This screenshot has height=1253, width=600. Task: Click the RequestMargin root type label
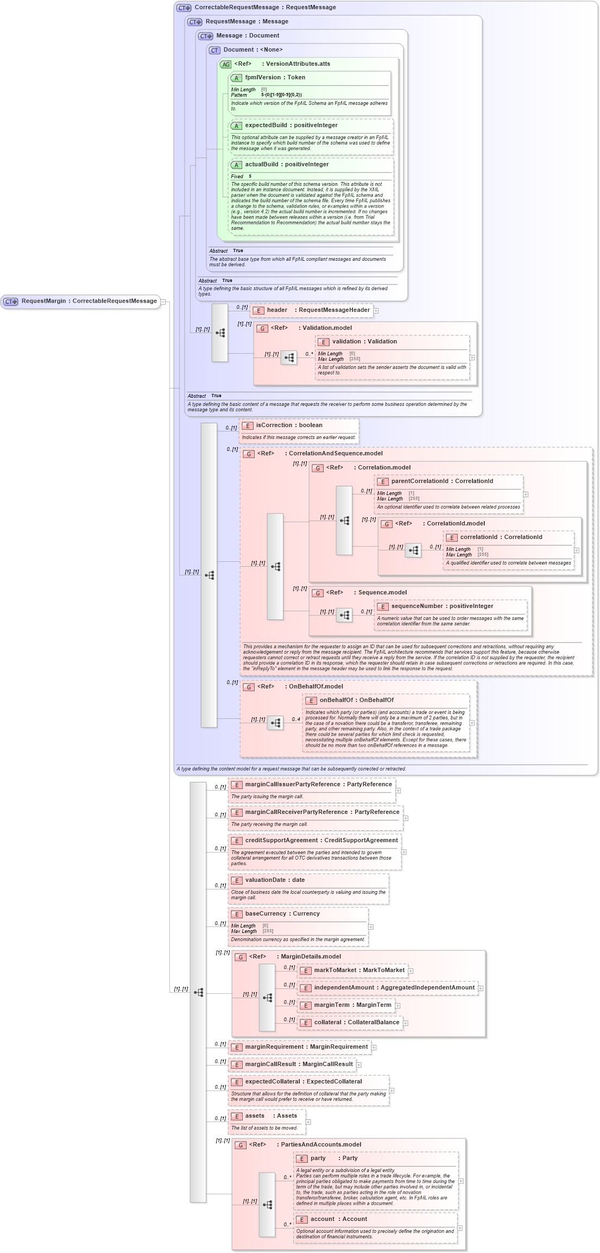[x=89, y=301]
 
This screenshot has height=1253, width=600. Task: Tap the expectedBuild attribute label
[x=291, y=126]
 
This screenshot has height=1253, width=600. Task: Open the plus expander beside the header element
[x=376, y=311]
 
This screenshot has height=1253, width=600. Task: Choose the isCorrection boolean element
[x=289, y=425]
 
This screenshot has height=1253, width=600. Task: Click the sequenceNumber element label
[x=442, y=606]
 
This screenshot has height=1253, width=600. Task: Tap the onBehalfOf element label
[x=356, y=700]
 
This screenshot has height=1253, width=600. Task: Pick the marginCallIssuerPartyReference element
[x=318, y=785]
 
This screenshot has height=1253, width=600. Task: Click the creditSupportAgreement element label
[x=321, y=841]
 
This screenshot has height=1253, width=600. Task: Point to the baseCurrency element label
[x=282, y=914]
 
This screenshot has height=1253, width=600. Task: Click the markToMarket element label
[x=359, y=970]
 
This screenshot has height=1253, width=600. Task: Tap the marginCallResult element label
[x=299, y=1064]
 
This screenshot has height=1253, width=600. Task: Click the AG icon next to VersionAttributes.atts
[x=226, y=64]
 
